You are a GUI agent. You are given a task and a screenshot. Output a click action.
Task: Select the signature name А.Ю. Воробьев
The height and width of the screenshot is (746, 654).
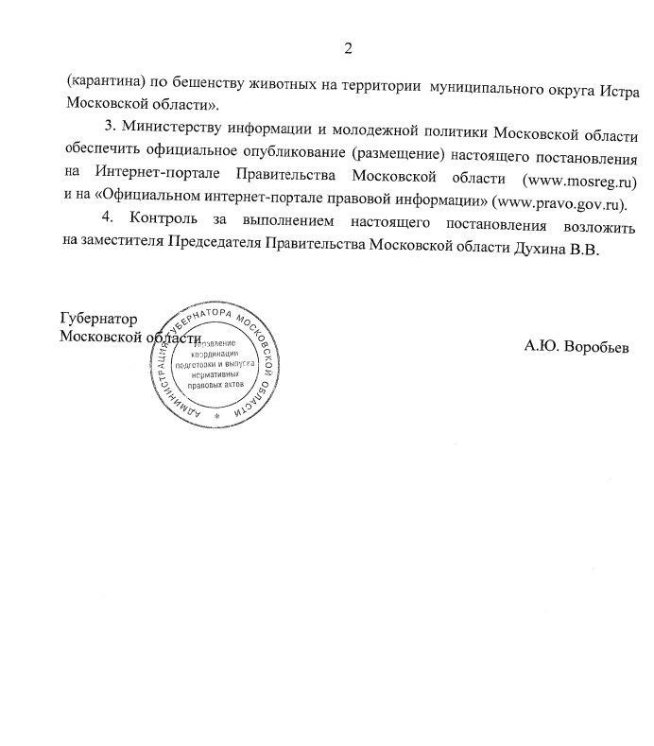577,346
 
